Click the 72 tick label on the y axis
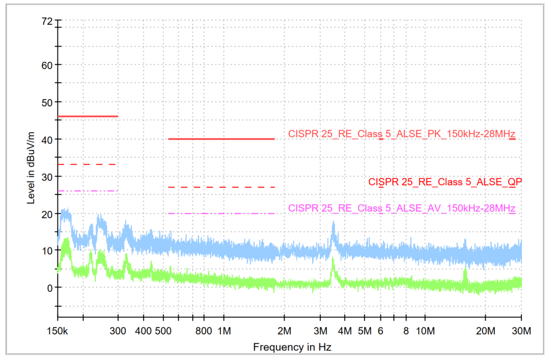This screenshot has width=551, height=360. (47, 21)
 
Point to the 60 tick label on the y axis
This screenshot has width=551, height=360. (47, 65)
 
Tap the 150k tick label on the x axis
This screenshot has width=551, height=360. (58, 331)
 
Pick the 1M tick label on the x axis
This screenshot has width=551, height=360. (224, 331)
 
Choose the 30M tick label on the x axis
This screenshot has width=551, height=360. (521, 331)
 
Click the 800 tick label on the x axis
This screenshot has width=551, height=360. (204, 331)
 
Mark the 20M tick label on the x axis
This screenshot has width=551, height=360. (485, 331)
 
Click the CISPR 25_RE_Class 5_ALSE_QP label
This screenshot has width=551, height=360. (445, 182)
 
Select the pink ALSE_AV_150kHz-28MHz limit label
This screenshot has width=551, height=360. (402, 209)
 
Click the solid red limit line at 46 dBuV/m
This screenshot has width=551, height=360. (88, 116)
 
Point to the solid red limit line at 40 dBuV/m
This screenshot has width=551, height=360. (221, 139)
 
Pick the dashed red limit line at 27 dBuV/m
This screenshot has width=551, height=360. (221, 187)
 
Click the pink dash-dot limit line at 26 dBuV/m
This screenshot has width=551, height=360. (88, 191)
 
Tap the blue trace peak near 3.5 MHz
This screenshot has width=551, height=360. (333, 223)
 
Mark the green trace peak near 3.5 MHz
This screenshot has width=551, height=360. (333, 258)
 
